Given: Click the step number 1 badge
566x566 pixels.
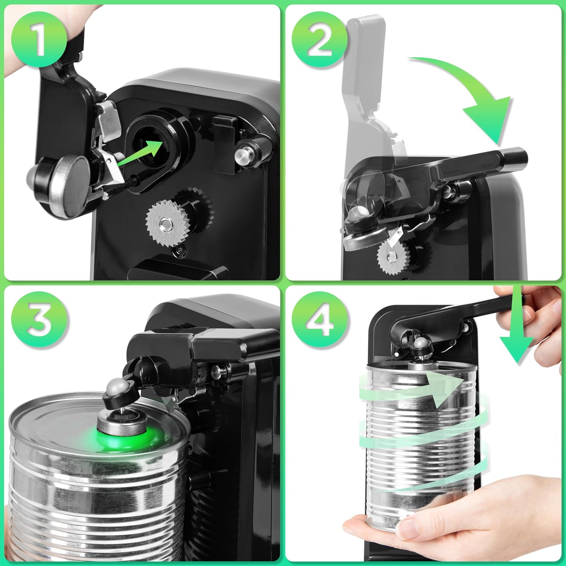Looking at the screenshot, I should (39, 39).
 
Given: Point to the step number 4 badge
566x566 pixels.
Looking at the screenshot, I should (319, 320).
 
